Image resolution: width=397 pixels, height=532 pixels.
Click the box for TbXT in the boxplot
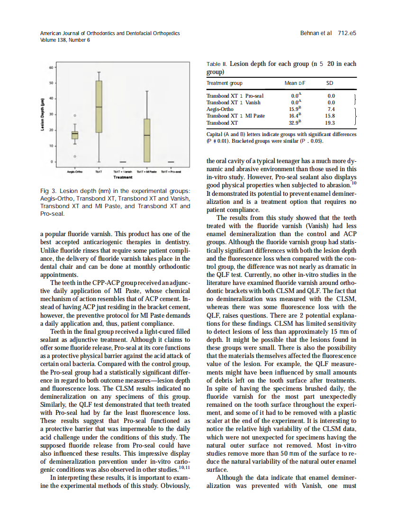99,107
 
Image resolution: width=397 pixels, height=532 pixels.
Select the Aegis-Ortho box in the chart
75,135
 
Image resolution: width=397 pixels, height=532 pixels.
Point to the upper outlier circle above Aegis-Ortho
75,115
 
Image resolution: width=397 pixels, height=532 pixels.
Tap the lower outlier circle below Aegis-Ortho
75,156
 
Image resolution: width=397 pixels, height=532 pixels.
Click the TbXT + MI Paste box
147,140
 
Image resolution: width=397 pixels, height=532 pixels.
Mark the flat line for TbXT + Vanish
123,162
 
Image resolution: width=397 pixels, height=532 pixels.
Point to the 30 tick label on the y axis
51,114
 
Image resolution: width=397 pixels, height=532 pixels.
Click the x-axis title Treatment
123,177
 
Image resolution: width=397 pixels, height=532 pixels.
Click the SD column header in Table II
330,83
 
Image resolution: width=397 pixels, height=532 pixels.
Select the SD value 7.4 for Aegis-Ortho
331,109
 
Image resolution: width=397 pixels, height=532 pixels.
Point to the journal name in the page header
110,34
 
